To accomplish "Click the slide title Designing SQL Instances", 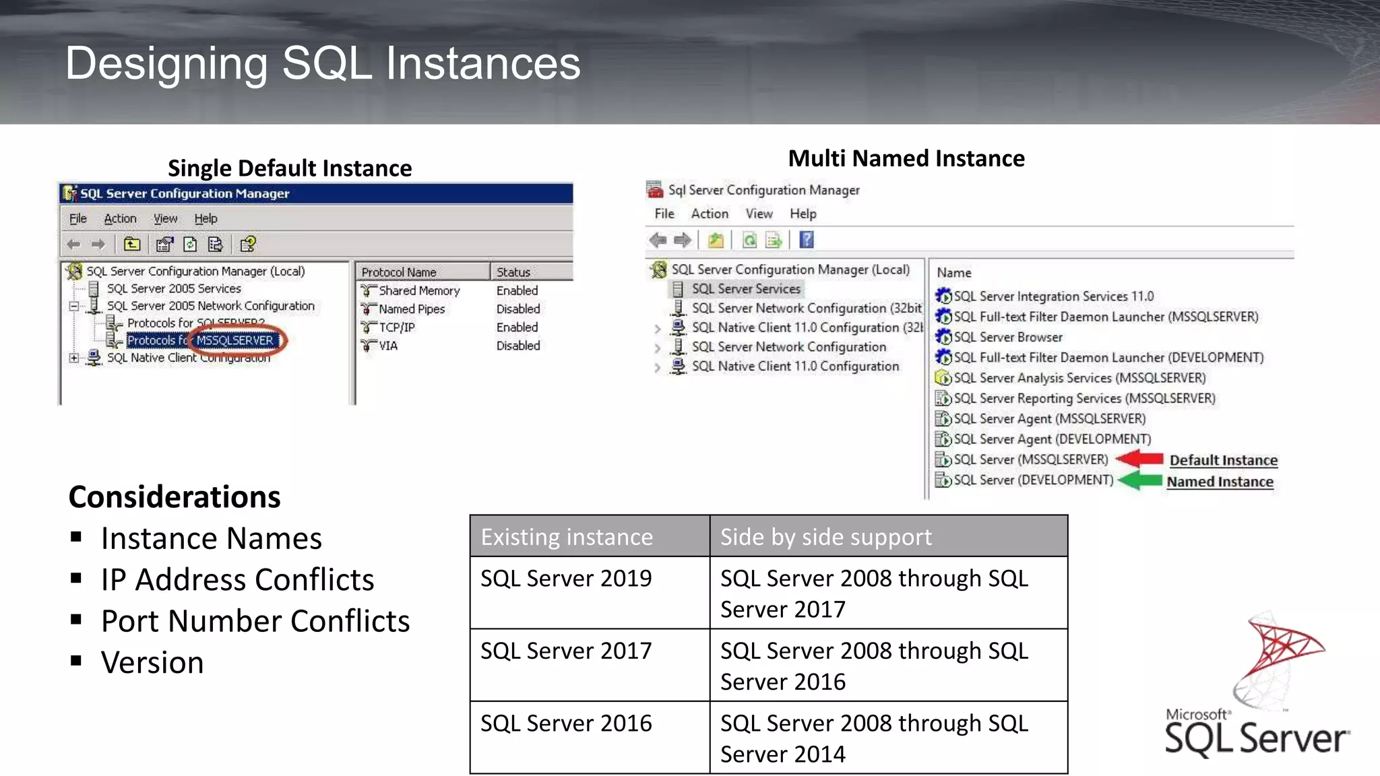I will [x=323, y=63].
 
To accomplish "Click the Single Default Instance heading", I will [x=290, y=168].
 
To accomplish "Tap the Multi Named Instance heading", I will [x=906, y=158].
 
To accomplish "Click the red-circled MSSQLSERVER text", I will [x=235, y=340].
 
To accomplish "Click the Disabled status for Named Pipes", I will [x=518, y=309].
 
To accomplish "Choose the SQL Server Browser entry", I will [x=1007, y=337].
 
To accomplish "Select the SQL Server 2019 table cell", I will [x=566, y=579].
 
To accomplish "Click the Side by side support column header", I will [x=825, y=537].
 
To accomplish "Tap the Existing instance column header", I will [x=567, y=537].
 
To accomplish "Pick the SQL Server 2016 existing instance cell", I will [x=566, y=723].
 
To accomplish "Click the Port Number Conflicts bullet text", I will [x=255, y=621].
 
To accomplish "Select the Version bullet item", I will [x=152, y=663].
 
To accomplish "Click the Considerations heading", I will [x=175, y=497].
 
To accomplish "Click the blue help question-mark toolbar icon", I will [x=807, y=240].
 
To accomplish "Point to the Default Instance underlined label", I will [x=1223, y=460].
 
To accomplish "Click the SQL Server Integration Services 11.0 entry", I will [x=1053, y=296].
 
